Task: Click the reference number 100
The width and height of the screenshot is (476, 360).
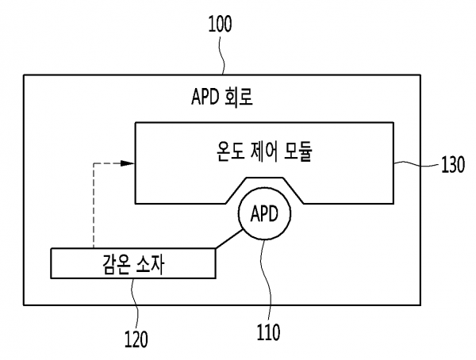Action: pos(221,25)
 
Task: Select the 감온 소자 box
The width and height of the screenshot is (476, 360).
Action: pos(132,262)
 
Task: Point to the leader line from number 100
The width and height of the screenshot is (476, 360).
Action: pos(223,56)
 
